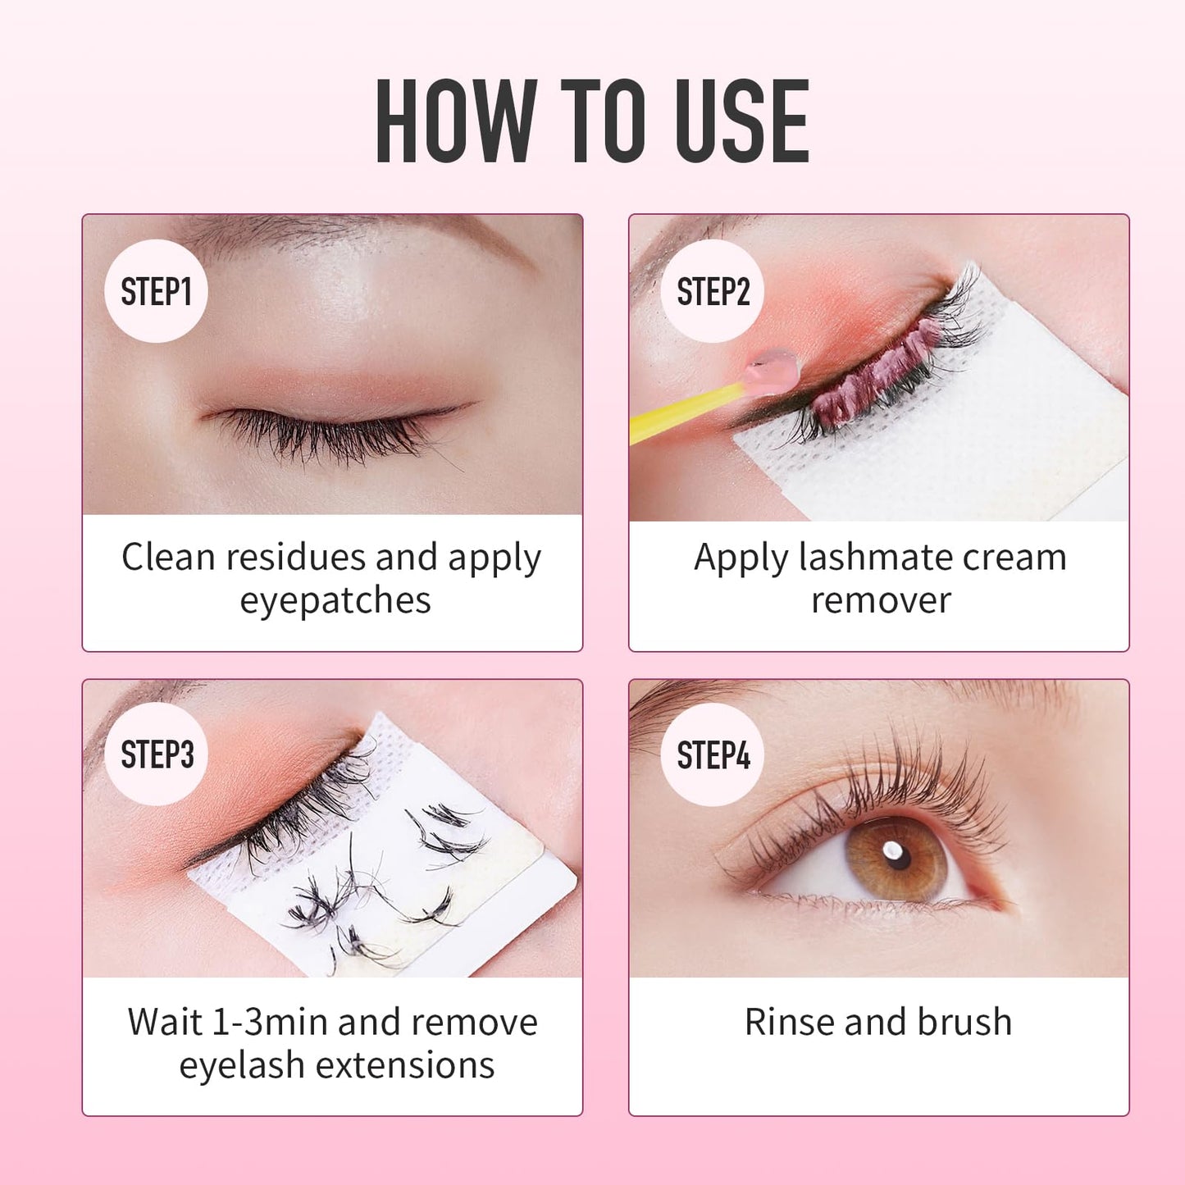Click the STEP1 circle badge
156,291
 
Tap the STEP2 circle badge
712,291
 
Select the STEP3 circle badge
156,754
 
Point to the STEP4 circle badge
712,754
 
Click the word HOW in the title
456,121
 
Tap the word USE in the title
742,121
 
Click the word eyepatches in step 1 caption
335,600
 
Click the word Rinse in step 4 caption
788,1022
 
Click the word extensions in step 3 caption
405,1065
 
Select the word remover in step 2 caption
880,600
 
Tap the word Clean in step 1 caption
168,558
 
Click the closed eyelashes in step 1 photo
328,435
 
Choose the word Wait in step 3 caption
164,1022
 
